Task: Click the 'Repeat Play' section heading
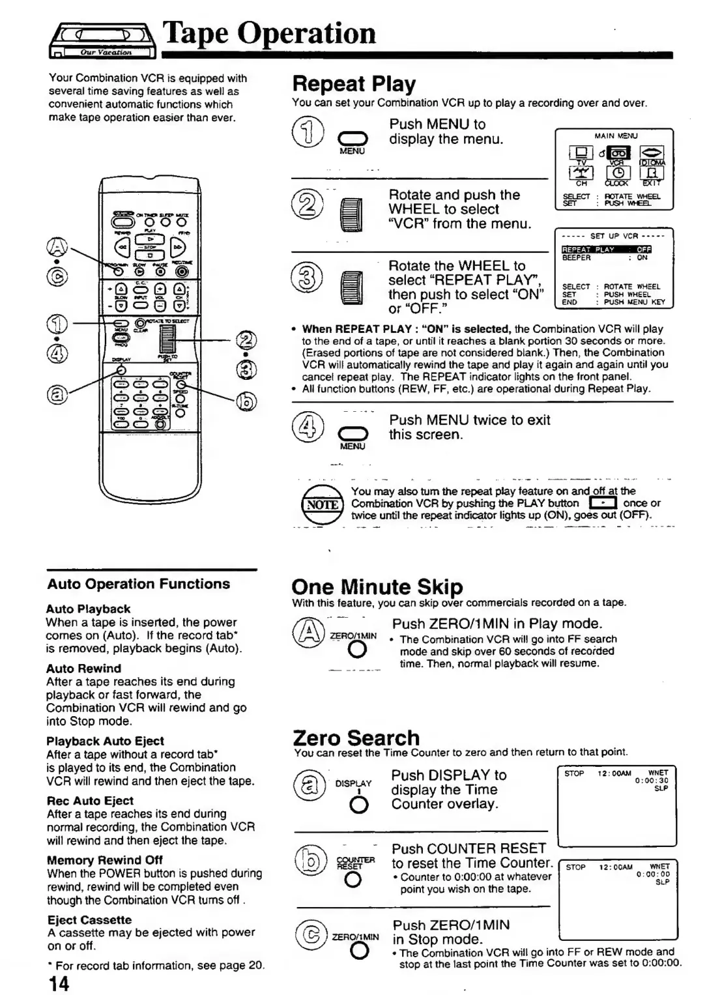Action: (x=354, y=84)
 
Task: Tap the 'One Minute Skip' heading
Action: (x=377, y=586)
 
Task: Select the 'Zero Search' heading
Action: (x=356, y=738)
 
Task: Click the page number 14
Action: (x=58, y=983)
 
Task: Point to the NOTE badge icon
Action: (x=323, y=504)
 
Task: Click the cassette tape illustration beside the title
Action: (x=103, y=41)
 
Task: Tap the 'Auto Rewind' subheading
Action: (x=83, y=668)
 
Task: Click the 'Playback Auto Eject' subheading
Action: (x=105, y=740)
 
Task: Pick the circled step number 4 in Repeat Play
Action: (x=311, y=427)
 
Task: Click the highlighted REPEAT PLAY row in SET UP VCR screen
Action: (x=606, y=249)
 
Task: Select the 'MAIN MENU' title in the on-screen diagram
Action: (x=616, y=136)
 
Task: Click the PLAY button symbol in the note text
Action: (x=602, y=503)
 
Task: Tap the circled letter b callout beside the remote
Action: (x=246, y=400)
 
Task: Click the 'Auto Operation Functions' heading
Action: (x=139, y=584)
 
